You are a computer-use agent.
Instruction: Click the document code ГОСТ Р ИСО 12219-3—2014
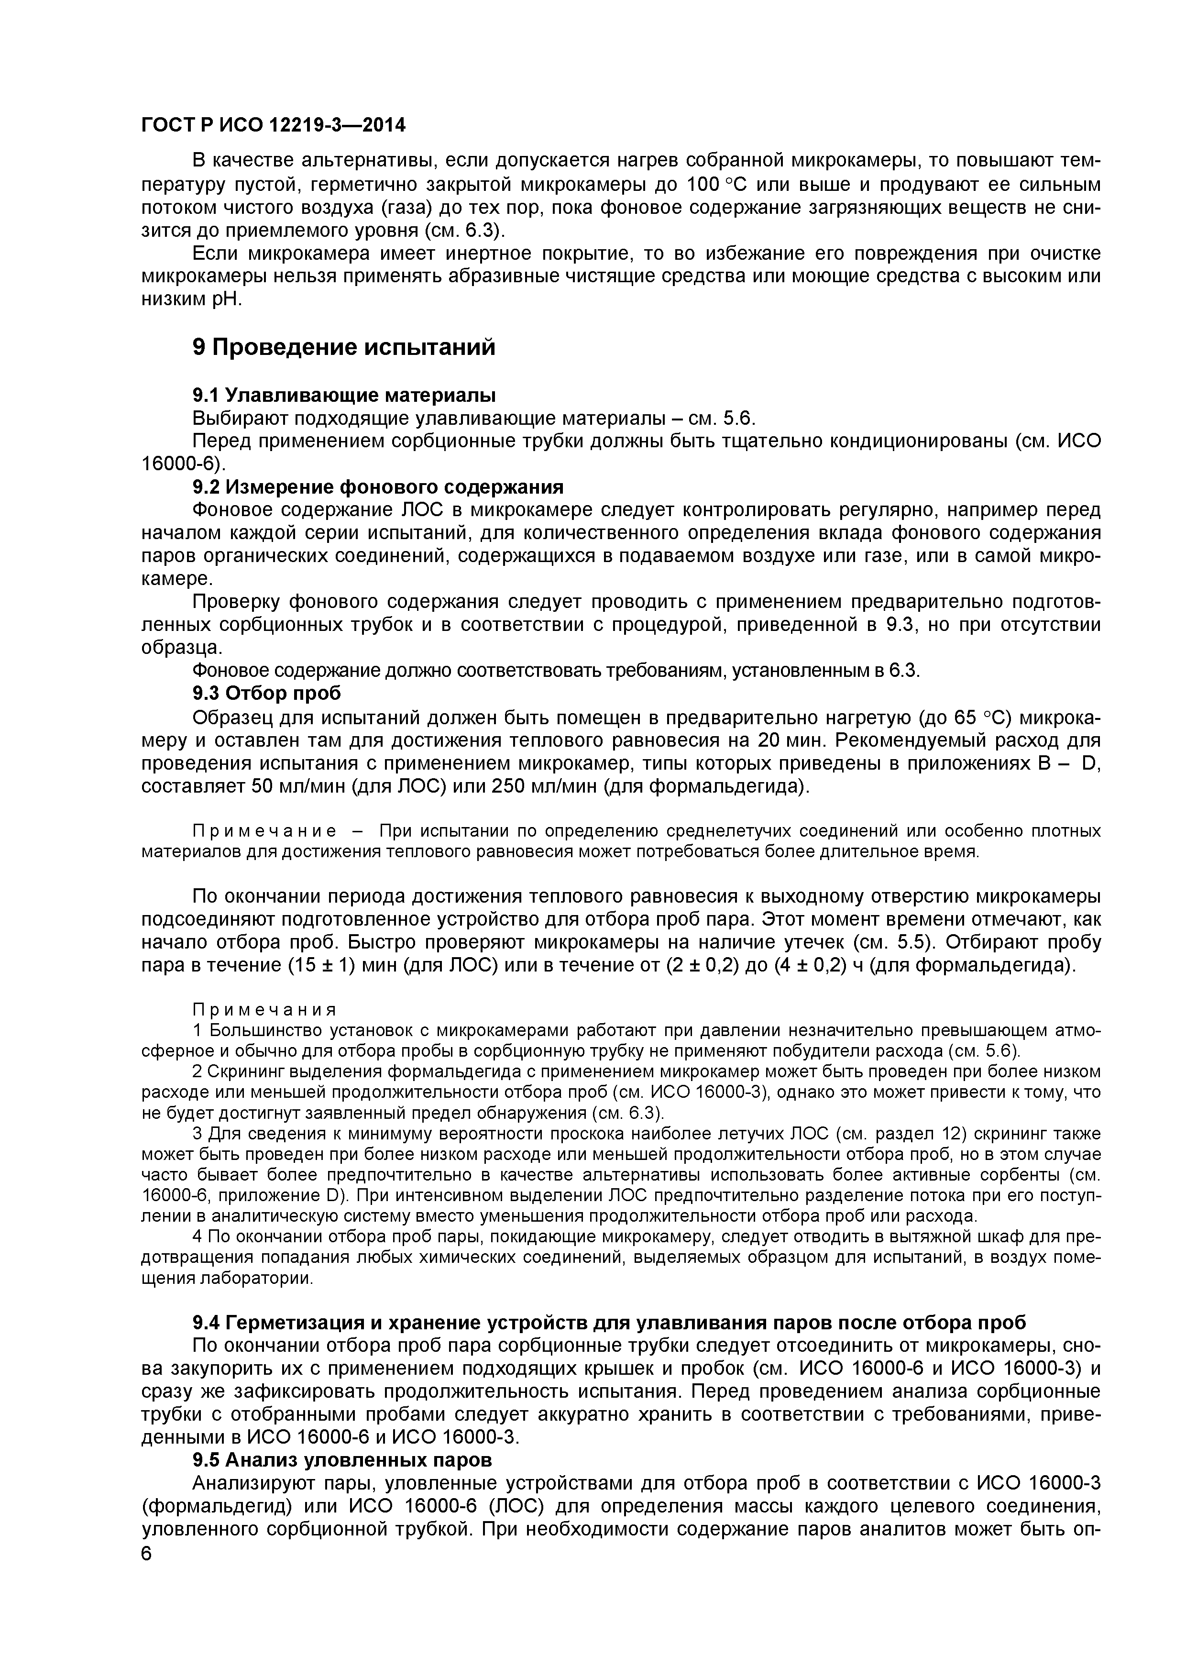273,126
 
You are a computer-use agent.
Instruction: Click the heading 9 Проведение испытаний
343,347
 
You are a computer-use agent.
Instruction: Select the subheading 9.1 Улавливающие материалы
343,396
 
